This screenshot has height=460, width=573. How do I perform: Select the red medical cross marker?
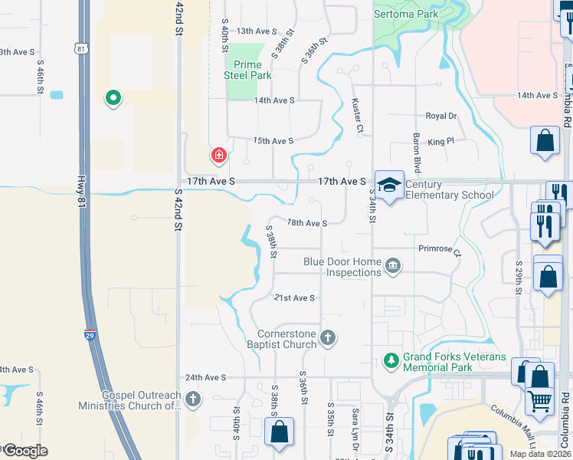tap(219, 156)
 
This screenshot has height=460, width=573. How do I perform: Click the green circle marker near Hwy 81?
tap(113, 97)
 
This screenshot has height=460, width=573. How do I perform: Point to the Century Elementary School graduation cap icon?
tap(389, 185)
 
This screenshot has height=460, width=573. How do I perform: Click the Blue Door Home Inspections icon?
tap(393, 266)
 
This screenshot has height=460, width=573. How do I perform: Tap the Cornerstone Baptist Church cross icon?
tap(327, 337)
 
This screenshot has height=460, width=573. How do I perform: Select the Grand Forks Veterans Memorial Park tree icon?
tap(391, 360)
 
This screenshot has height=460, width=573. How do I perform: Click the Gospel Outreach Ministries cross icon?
tap(192, 399)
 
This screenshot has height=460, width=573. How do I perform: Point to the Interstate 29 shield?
tap(90, 333)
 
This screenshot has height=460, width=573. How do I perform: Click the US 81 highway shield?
tap(81, 49)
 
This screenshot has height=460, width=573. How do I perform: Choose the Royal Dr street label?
tap(441, 116)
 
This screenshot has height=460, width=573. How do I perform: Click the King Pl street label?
tap(440, 141)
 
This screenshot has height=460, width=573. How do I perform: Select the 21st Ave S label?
tap(295, 297)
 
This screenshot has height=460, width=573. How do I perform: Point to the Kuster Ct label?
tap(357, 114)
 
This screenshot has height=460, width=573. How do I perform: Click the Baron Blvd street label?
tap(417, 153)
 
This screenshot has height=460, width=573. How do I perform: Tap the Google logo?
tap(25, 451)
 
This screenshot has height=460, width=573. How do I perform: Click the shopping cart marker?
tap(540, 399)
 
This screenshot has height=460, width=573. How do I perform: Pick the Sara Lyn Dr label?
tap(355, 426)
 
